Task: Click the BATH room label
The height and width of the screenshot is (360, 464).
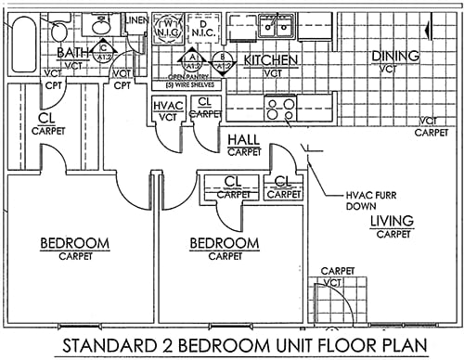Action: coord(73,53)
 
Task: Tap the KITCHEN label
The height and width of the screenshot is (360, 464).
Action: coord(270,60)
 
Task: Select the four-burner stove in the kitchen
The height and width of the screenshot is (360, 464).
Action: coord(281,109)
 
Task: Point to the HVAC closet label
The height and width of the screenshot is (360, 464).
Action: coord(167,107)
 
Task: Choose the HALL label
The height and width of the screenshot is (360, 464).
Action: coord(243,140)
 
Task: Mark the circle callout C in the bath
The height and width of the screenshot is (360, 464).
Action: coord(104,50)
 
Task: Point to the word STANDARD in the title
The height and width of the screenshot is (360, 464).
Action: coord(108,346)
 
